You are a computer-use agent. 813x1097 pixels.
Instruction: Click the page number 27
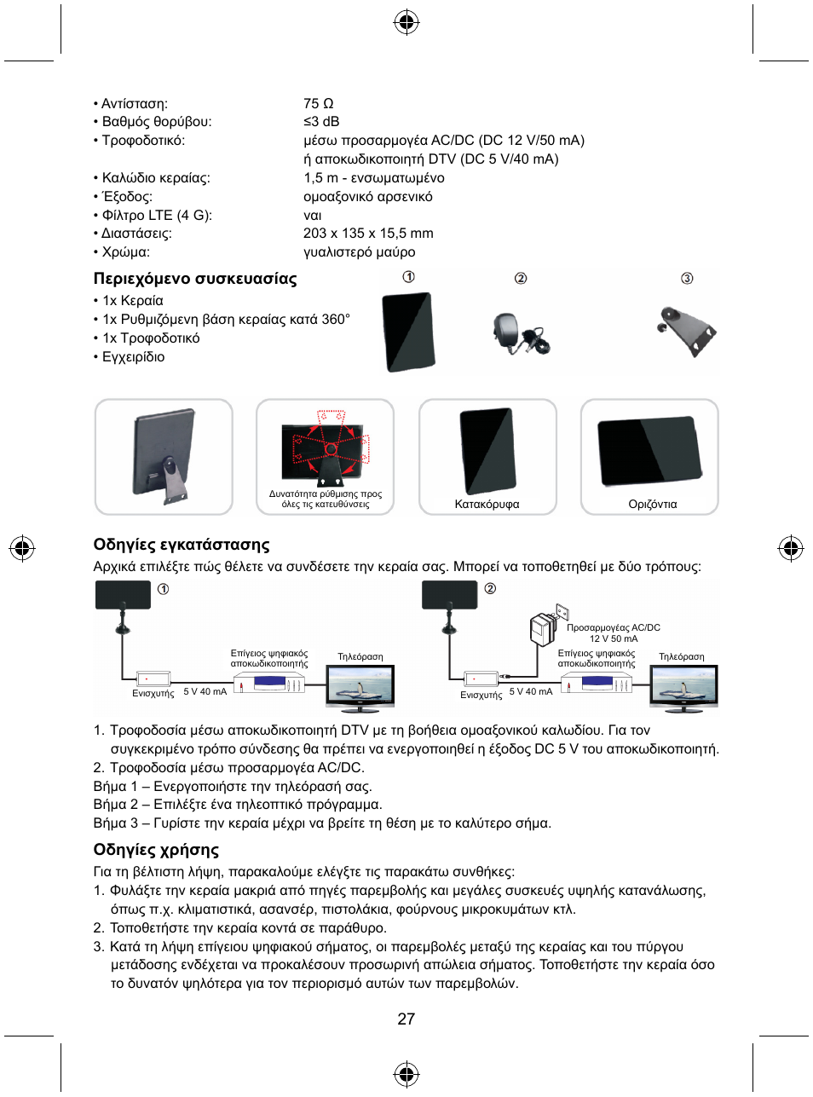pos(406,1019)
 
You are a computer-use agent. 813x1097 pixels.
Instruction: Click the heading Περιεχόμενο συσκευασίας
pos(195,279)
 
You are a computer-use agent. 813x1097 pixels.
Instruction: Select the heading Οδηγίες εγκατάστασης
pos(182,545)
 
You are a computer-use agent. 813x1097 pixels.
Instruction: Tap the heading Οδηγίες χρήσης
pos(156,850)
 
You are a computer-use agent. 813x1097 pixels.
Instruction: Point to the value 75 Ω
pos(318,103)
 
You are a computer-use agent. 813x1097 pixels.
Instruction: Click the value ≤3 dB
pos(321,122)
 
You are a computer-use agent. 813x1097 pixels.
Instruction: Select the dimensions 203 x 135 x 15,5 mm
pos(368,234)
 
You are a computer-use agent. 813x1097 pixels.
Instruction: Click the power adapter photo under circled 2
pos(518,333)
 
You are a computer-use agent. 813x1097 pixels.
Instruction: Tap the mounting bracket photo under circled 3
pos(685,329)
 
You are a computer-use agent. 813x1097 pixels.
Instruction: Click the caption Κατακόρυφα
pos(487,504)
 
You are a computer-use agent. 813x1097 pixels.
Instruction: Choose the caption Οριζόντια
pos(652,504)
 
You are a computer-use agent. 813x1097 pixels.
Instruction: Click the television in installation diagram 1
pos(360,687)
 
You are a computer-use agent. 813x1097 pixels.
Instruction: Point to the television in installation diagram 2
pos(683,687)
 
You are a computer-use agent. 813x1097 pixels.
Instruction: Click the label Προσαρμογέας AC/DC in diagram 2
pos(614,627)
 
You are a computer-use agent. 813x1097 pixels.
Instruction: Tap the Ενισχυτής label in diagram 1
pos(153,693)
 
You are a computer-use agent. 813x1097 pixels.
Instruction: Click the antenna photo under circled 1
pos(408,332)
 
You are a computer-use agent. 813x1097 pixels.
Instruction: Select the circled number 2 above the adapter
pos(521,279)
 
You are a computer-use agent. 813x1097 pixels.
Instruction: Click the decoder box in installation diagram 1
pos(269,684)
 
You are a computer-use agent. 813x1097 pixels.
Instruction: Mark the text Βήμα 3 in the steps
pos(110,823)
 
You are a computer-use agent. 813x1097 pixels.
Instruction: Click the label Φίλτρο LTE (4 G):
pos(156,215)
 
